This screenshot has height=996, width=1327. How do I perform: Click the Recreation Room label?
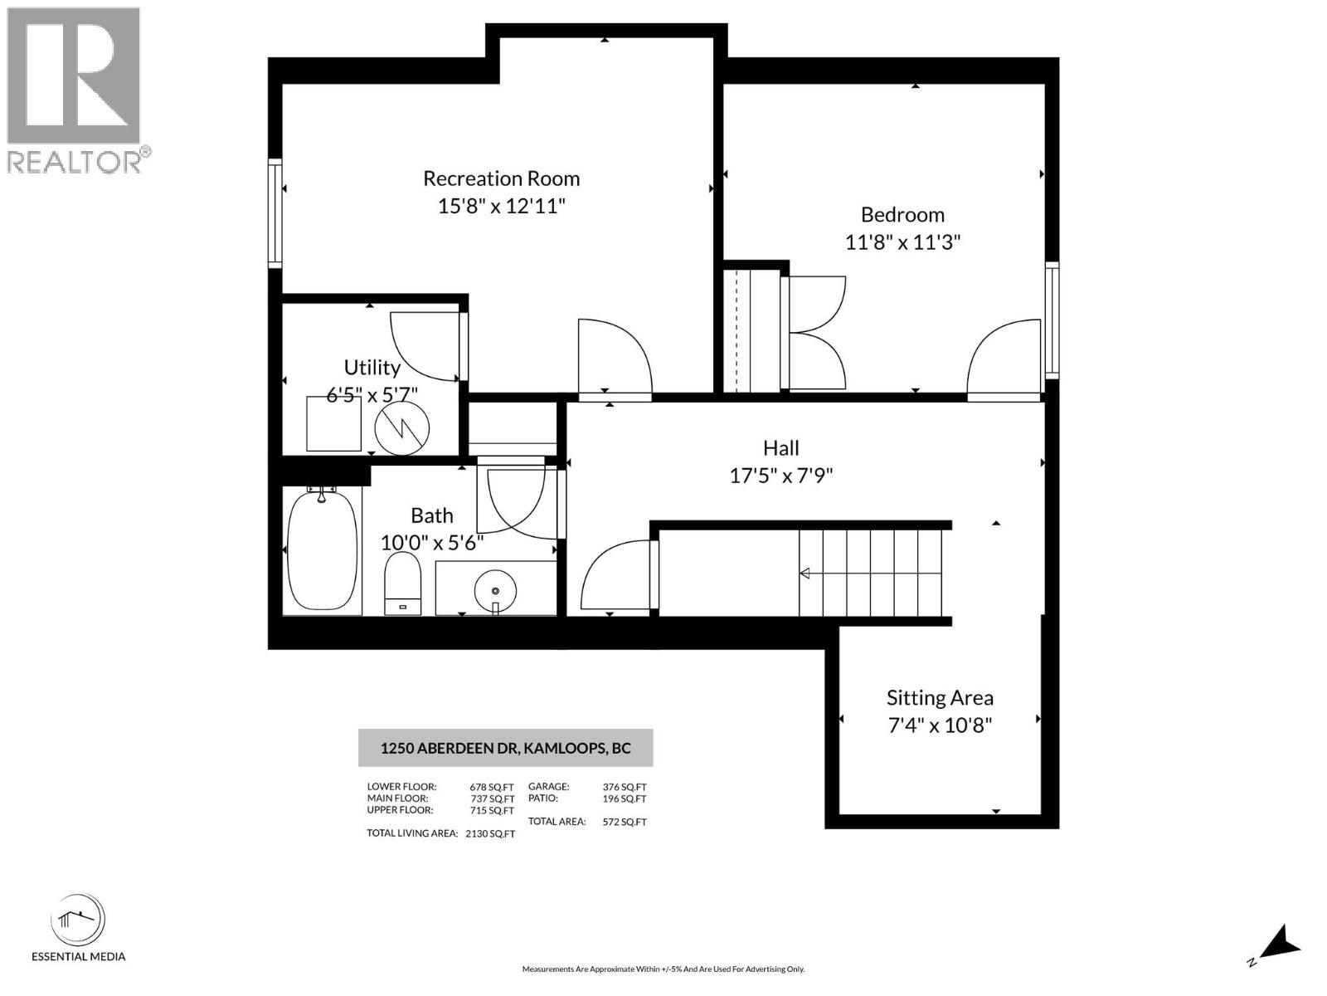pyautogui.click(x=501, y=178)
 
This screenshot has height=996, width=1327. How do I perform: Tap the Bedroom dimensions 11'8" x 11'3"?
pyautogui.click(x=902, y=242)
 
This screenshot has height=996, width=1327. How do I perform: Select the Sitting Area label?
pyautogui.click(x=939, y=698)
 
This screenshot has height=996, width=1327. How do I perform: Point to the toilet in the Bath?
pyautogui.click(x=402, y=582)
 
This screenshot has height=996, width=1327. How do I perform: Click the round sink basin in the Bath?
pyautogui.click(x=495, y=591)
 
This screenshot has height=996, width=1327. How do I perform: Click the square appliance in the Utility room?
pyautogui.click(x=333, y=423)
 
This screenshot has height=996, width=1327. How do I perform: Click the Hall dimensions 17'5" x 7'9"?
pyautogui.click(x=780, y=476)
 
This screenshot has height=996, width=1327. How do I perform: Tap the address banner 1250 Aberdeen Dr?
pyautogui.click(x=505, y=748)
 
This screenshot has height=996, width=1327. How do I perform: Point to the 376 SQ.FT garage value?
pyautogui.click(x=624, y=787)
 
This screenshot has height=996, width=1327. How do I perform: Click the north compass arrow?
pyautogui.click(x=1281, y=943)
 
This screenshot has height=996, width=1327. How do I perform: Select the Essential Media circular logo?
pyautogui.click(x=78, y=920)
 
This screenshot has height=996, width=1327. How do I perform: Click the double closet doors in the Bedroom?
pyautogui.click(x=816, y=332)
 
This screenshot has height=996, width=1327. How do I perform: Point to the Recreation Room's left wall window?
pyautogui.click(x=275, y=212)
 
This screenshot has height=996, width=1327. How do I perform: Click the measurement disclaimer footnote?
pyautogui.click(x=663, y=969)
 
